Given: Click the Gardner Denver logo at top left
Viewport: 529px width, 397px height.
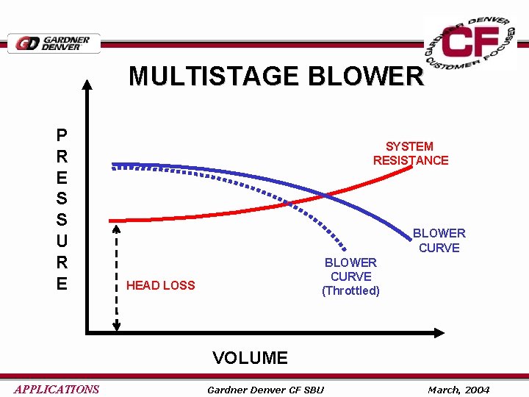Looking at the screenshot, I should click(54, 43).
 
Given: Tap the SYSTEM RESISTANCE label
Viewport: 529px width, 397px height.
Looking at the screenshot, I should click(410, 154).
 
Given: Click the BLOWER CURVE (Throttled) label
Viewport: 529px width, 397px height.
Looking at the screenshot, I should click(350, 276).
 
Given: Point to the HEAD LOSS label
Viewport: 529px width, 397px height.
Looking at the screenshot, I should click(161, 285).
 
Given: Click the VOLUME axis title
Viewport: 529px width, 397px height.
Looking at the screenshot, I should click(250, 358).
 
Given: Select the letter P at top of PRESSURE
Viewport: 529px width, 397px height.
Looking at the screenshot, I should click(62, 135).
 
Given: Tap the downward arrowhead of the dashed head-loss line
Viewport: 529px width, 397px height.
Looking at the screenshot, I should click(116, 329).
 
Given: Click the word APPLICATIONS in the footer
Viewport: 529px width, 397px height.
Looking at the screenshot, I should click(56, 390).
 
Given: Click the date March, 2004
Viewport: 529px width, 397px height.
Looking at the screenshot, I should click(458, 390).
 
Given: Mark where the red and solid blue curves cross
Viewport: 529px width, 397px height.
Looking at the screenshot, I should click(325, 196).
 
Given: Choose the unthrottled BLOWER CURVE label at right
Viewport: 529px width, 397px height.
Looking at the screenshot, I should click(439, 240).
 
